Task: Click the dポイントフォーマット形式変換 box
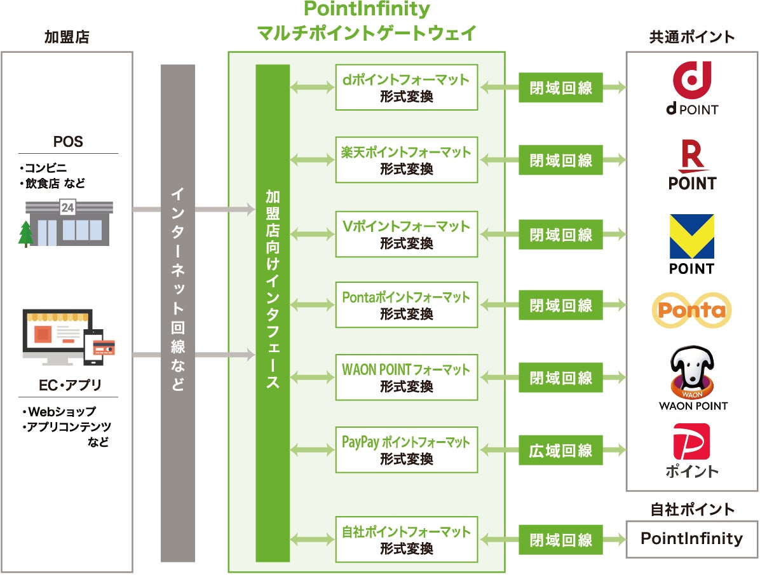[x=407, y=88]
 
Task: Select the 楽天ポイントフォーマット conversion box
[x=407, y=160]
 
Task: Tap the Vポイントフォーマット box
[x=407, y=234]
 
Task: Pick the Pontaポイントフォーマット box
[x=407, y=305]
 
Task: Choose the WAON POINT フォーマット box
[x=407, y=378]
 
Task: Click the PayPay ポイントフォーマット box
[x=407, y=450]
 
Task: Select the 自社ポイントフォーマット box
[x=407, y=540]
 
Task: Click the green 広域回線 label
[x=560, y=451]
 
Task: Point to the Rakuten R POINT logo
[x=692, y=165]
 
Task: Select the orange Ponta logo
[x=692, y=310]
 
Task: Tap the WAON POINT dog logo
[x=692, y=378]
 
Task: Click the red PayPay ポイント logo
[x=692, y=450]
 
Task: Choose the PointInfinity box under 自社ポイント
[x=692, y=539]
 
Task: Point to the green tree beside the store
[x=26, y=234]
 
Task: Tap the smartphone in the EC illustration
[x=93, y=347]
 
